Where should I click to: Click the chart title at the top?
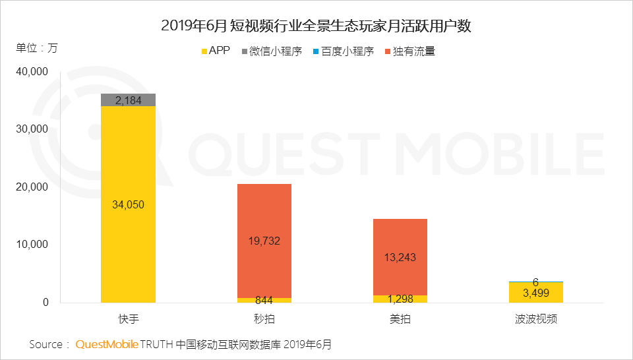click(x=316, y=26)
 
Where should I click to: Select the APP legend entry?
click(x=215, y=51)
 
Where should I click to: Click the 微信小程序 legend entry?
click(x=272, y=51)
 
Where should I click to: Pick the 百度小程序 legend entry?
click(x=343, y=51)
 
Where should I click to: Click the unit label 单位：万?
click(x=37, y=48)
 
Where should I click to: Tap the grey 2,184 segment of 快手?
click(x=128, y=100)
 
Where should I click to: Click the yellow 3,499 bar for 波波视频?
click(x=535, y=293)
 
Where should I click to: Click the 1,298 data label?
click(x=400, y=299)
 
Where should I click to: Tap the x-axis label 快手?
click(x=128, y=319)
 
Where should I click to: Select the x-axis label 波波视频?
click(x=535, y=319)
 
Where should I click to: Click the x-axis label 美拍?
click(x=400, y=319)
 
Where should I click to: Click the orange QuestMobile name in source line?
click(x=107, y=344)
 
